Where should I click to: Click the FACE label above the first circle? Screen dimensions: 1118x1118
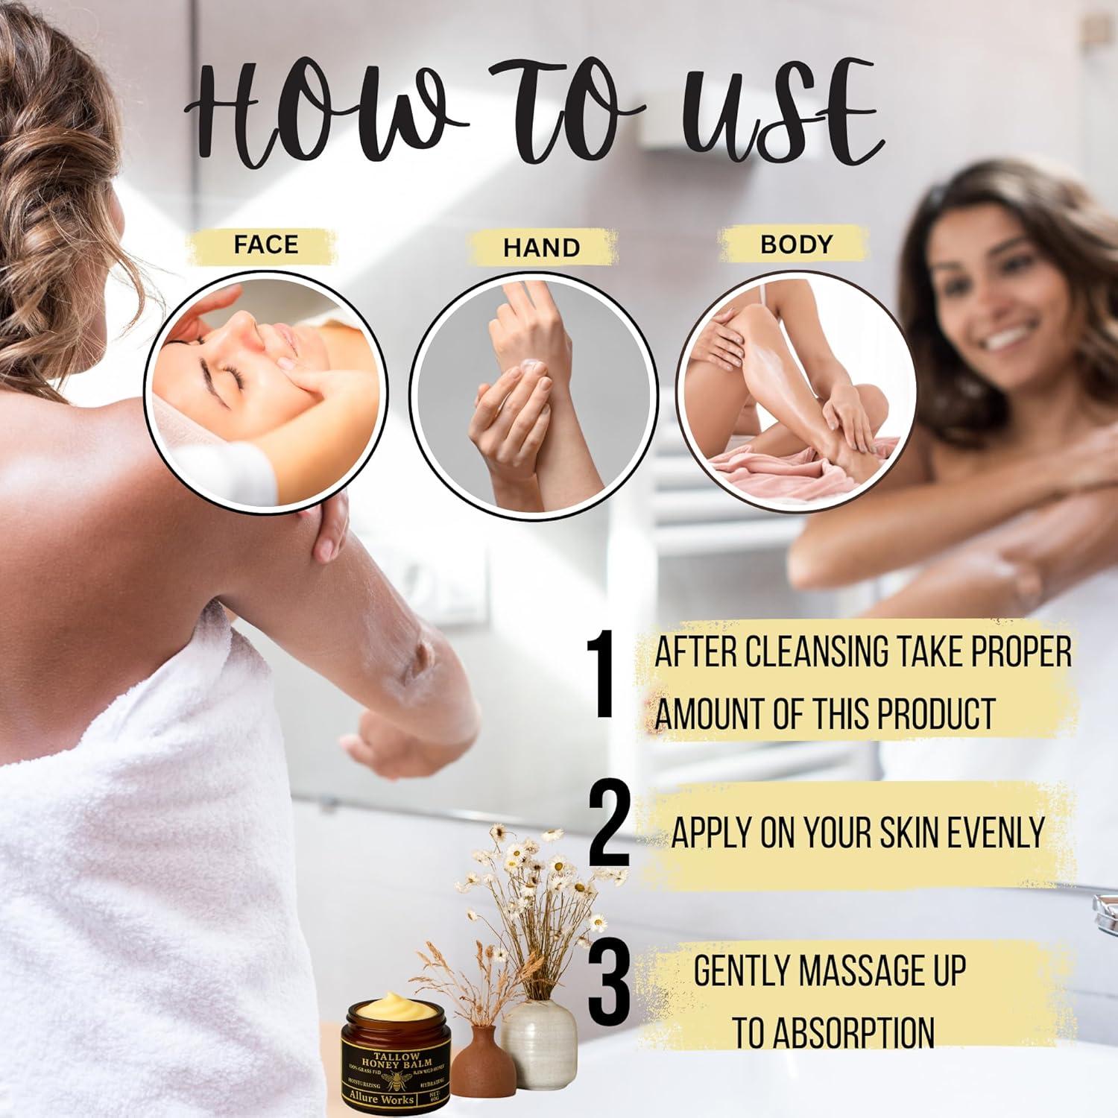coord(265,244)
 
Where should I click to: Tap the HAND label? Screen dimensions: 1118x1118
coord(541,247)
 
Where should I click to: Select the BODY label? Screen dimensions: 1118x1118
coord(795,244)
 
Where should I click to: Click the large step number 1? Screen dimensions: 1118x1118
coord(600,675)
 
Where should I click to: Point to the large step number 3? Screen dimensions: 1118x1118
coord(609,983)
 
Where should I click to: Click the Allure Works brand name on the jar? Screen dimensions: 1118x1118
coord(381,1099)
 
